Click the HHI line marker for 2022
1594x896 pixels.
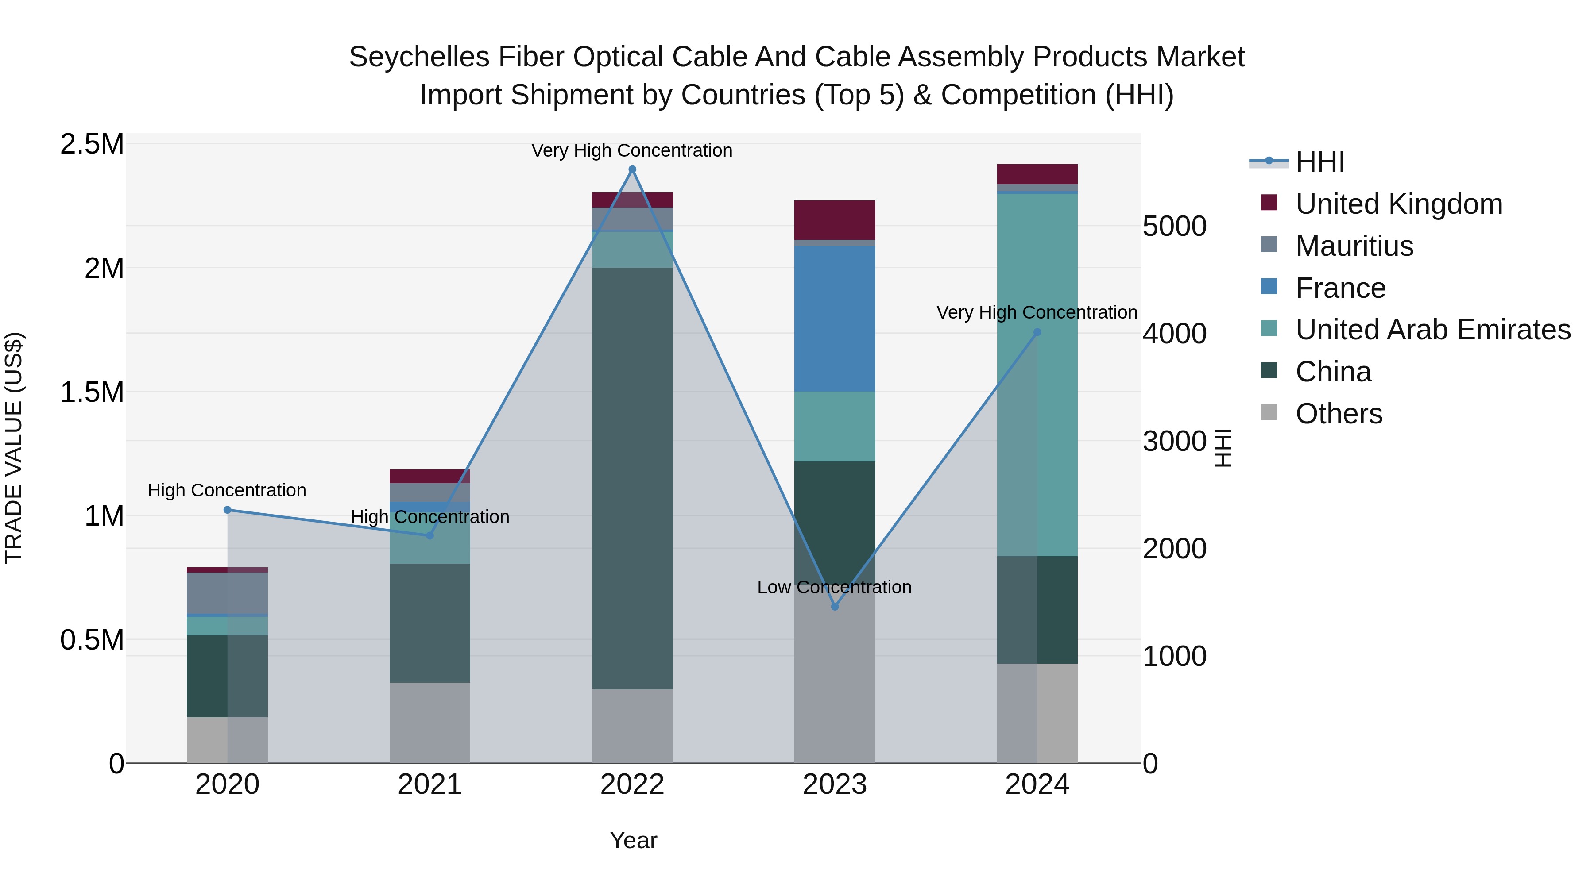tap(632, 169)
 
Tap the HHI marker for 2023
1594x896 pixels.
tap(834, 607)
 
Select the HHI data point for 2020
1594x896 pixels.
tap(227, 510)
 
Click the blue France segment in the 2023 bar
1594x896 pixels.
tap(834, 319)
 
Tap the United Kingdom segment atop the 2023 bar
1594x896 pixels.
tap(834, 219)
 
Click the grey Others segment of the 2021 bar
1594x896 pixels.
tap(429, 722)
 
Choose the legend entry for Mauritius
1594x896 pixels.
tap(1354, 246)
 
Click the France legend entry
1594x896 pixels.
tap(1340, 288)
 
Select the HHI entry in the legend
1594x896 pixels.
tap(1319, 162)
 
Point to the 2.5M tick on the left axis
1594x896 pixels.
tap(92, 144)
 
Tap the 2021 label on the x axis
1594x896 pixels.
tap(429, 784)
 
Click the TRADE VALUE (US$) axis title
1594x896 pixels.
tap(14, 448)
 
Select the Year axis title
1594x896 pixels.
tap(633, 840)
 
